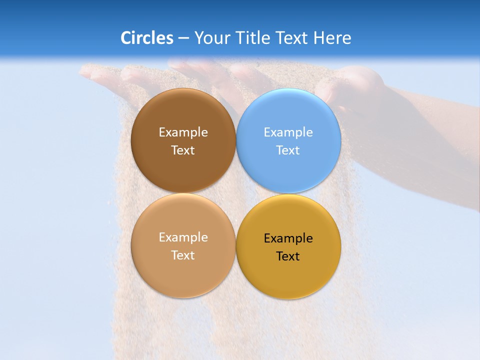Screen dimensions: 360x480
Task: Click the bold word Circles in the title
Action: point(146,38)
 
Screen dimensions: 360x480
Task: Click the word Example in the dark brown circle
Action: point(183,132)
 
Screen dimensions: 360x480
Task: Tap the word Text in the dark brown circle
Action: point(183,150)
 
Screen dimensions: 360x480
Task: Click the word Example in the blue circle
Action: point(288,132)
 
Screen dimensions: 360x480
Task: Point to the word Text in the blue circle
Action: point(288,150)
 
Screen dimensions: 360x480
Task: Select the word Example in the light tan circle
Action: point(183,237)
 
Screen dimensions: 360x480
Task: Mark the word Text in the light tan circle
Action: point(183,255)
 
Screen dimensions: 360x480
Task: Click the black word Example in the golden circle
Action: point(288,238)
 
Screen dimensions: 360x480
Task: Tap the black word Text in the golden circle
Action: point(288,256)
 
